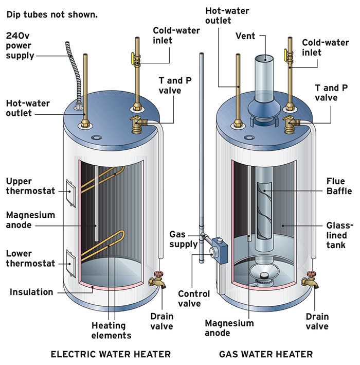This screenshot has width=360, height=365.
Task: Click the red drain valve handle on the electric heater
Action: (x=157, y=273)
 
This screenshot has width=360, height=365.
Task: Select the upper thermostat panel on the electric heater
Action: (x=71, y=192)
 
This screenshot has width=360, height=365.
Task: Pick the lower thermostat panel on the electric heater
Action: (x=71, y=262)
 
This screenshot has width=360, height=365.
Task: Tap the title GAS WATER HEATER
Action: (x=265, y=354)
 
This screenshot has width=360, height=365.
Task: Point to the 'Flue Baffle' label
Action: (x=339, y=186)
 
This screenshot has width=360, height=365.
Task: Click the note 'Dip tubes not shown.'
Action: (x=51, y=14)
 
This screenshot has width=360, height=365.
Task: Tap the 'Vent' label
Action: (x=246, y=36)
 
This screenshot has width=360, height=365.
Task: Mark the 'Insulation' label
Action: (x=31, y=292)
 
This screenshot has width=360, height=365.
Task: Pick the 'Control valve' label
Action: (x=194, y=299)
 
